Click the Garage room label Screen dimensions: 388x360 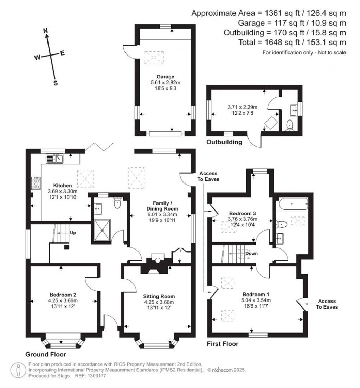click(x=166, y=77)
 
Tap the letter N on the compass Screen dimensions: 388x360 click(x=45, y=31)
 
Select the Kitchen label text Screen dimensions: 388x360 click(x=63, y=186)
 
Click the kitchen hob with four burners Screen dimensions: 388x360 click(x=36, y=182)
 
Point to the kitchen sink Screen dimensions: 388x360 click(x=54, y=159)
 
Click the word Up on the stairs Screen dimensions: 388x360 click(x=73, y=233)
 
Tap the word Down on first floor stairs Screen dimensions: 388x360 click(x=251, y=253)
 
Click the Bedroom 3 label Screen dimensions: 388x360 click(x=242, y=213)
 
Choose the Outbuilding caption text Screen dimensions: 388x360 click(x=224, y=142)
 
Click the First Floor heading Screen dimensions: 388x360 click(x=223, y=344)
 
